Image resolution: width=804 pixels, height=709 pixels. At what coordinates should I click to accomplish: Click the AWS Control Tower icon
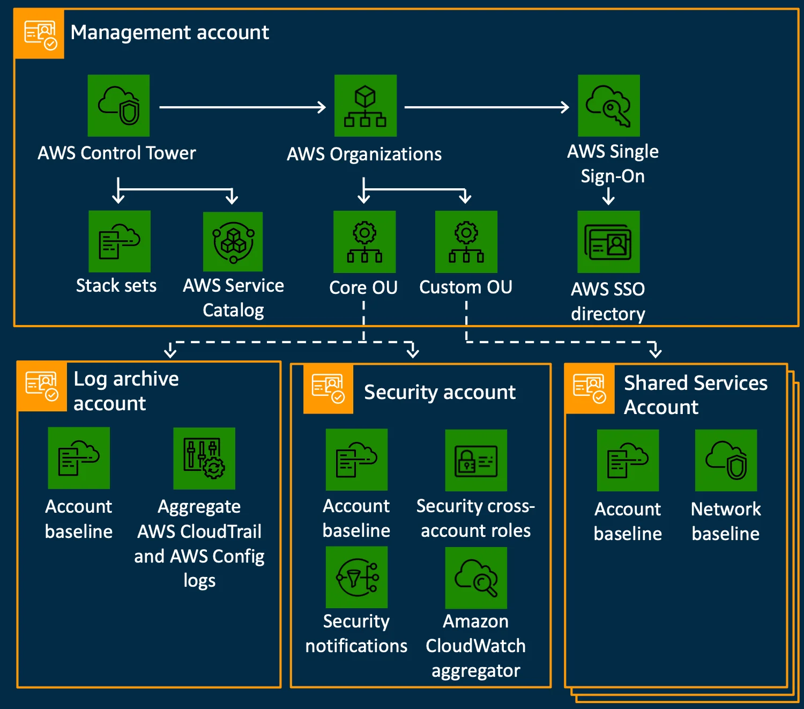point(118,106)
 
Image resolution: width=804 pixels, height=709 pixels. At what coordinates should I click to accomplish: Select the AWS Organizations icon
point(366,106)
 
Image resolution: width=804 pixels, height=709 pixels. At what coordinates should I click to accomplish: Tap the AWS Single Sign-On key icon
point(609,106)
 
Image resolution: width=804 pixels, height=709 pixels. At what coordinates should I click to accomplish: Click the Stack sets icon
point(120,241)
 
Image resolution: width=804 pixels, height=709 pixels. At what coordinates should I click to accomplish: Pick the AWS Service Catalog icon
point(233,241)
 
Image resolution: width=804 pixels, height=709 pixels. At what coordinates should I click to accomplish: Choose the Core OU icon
point(364,241)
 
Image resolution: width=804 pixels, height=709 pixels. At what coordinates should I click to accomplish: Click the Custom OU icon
point(466,241)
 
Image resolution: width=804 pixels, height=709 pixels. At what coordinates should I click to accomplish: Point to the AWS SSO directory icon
point(608,241)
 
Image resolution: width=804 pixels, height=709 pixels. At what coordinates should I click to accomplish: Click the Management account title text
point(169,33)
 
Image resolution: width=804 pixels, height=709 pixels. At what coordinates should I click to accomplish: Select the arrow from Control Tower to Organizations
point(242,107)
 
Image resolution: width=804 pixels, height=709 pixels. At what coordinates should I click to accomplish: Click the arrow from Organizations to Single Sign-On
point(487,107)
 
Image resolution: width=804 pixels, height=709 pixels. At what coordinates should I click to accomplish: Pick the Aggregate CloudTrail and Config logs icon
point(204,458)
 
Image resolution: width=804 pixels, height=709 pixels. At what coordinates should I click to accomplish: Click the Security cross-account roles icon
point(476,460)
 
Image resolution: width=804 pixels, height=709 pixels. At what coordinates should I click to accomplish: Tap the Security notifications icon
point(356,577)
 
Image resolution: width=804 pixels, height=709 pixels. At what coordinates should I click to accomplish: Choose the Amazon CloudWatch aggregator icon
point(476,578)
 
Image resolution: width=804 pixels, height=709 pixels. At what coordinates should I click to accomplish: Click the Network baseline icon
point(726,460)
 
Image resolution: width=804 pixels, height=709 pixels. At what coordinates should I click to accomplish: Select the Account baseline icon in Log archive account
point(79,457)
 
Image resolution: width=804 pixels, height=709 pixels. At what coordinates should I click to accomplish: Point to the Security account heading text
point(440,393)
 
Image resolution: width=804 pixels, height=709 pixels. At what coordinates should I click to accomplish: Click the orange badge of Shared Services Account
point(590,389)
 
